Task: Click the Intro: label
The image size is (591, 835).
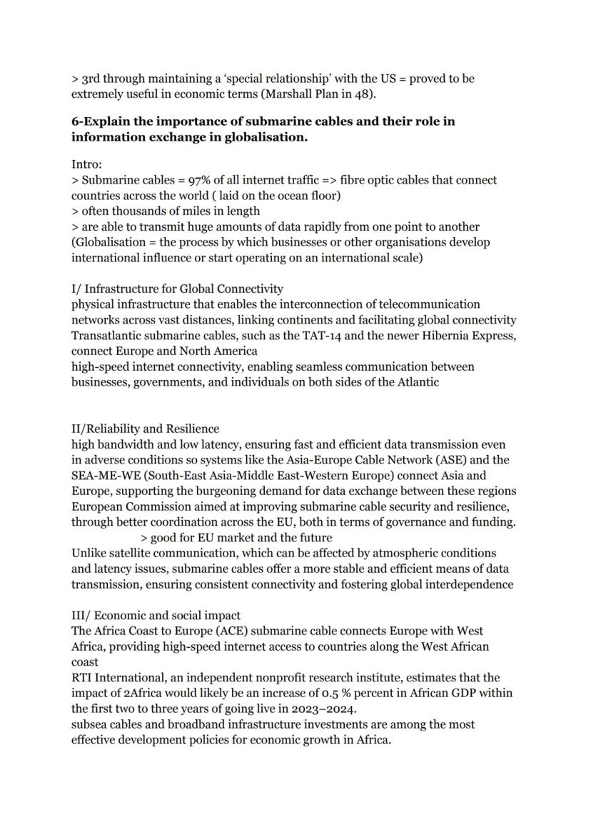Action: pos(86,164)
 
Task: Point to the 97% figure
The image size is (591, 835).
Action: pos(201,180)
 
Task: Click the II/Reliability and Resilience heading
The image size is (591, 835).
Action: pos(145,429)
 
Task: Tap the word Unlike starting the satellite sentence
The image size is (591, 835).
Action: pos(89,553)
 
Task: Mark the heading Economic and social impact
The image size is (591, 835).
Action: pos(167,615)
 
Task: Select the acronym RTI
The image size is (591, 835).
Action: pos(82,677)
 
